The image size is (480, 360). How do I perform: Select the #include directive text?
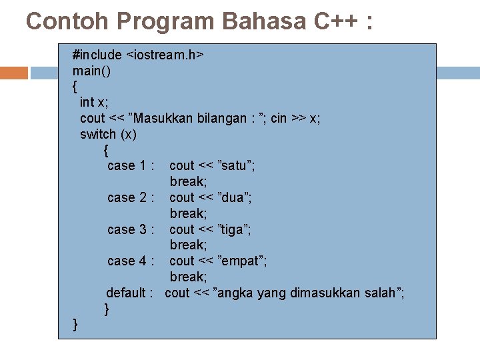[97, 55]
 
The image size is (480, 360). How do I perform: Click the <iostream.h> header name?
[165, 55]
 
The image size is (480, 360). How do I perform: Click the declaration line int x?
[93, 102]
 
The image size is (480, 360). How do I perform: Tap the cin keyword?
[279, 118]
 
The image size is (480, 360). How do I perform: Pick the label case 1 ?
[131, 165]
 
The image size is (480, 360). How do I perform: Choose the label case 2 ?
[131, 197]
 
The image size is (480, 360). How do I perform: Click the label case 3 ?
[131, 229]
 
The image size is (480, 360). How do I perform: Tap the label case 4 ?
[131, 261]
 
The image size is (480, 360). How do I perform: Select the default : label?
[130, 293]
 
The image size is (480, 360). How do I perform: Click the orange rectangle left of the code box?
[14, 73]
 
